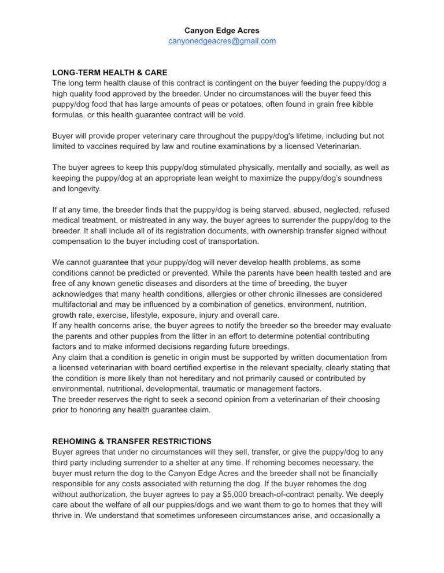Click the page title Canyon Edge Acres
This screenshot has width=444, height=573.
(221, 30)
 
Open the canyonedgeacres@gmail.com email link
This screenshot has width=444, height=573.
(221, 41)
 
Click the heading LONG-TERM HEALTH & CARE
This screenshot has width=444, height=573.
(110, 73)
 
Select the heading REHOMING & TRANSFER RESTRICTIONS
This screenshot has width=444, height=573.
(132, 441)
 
